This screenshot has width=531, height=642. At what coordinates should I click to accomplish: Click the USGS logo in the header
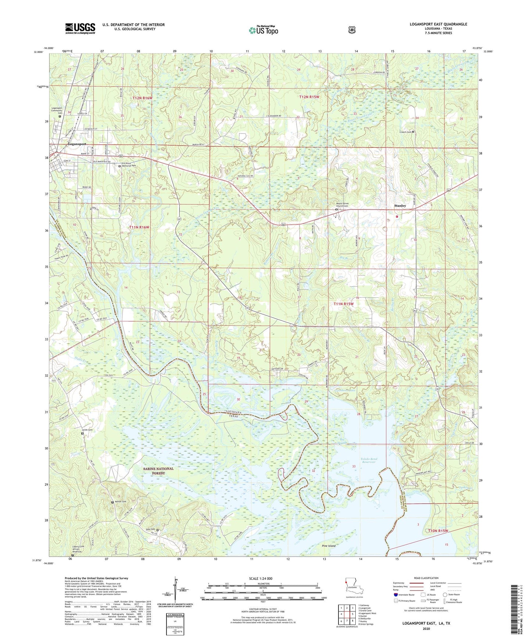(80, 28)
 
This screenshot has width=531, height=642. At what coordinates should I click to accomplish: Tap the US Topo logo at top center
(263, 30)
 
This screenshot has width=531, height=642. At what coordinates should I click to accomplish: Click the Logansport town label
(77, 144)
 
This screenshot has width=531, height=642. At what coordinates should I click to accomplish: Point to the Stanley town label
(400, 206)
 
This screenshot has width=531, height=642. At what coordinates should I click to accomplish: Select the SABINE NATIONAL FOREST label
(158, 471)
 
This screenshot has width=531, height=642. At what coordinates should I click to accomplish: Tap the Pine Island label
(329, 546)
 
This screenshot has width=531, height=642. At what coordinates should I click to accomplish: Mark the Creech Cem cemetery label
(405, 132)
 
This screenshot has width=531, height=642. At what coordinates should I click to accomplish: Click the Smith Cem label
(87, 430)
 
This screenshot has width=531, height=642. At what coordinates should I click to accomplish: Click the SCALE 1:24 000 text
(261, 578)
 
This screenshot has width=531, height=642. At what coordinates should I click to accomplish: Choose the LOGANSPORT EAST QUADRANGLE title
(438, 24)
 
